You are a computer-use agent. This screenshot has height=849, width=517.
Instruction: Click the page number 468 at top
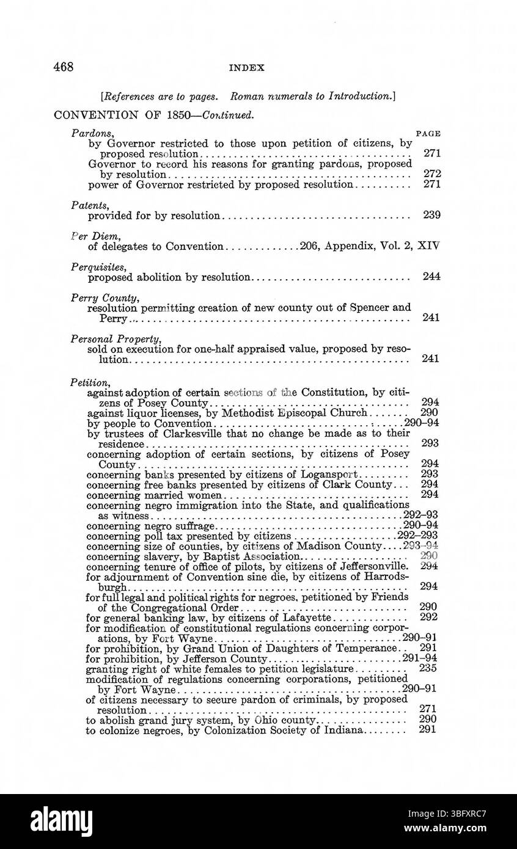[64, 67]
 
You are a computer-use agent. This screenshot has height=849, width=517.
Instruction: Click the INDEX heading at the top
[247, 68]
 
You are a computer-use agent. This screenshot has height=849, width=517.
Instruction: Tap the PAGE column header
[428, 133]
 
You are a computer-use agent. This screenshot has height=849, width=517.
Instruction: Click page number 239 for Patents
[431, 215]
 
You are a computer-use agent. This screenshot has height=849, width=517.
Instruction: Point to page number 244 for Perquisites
[431, 277]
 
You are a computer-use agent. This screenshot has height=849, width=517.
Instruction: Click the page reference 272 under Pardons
[431, 174]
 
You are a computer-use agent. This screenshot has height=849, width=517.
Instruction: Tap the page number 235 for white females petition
[428, 669]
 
